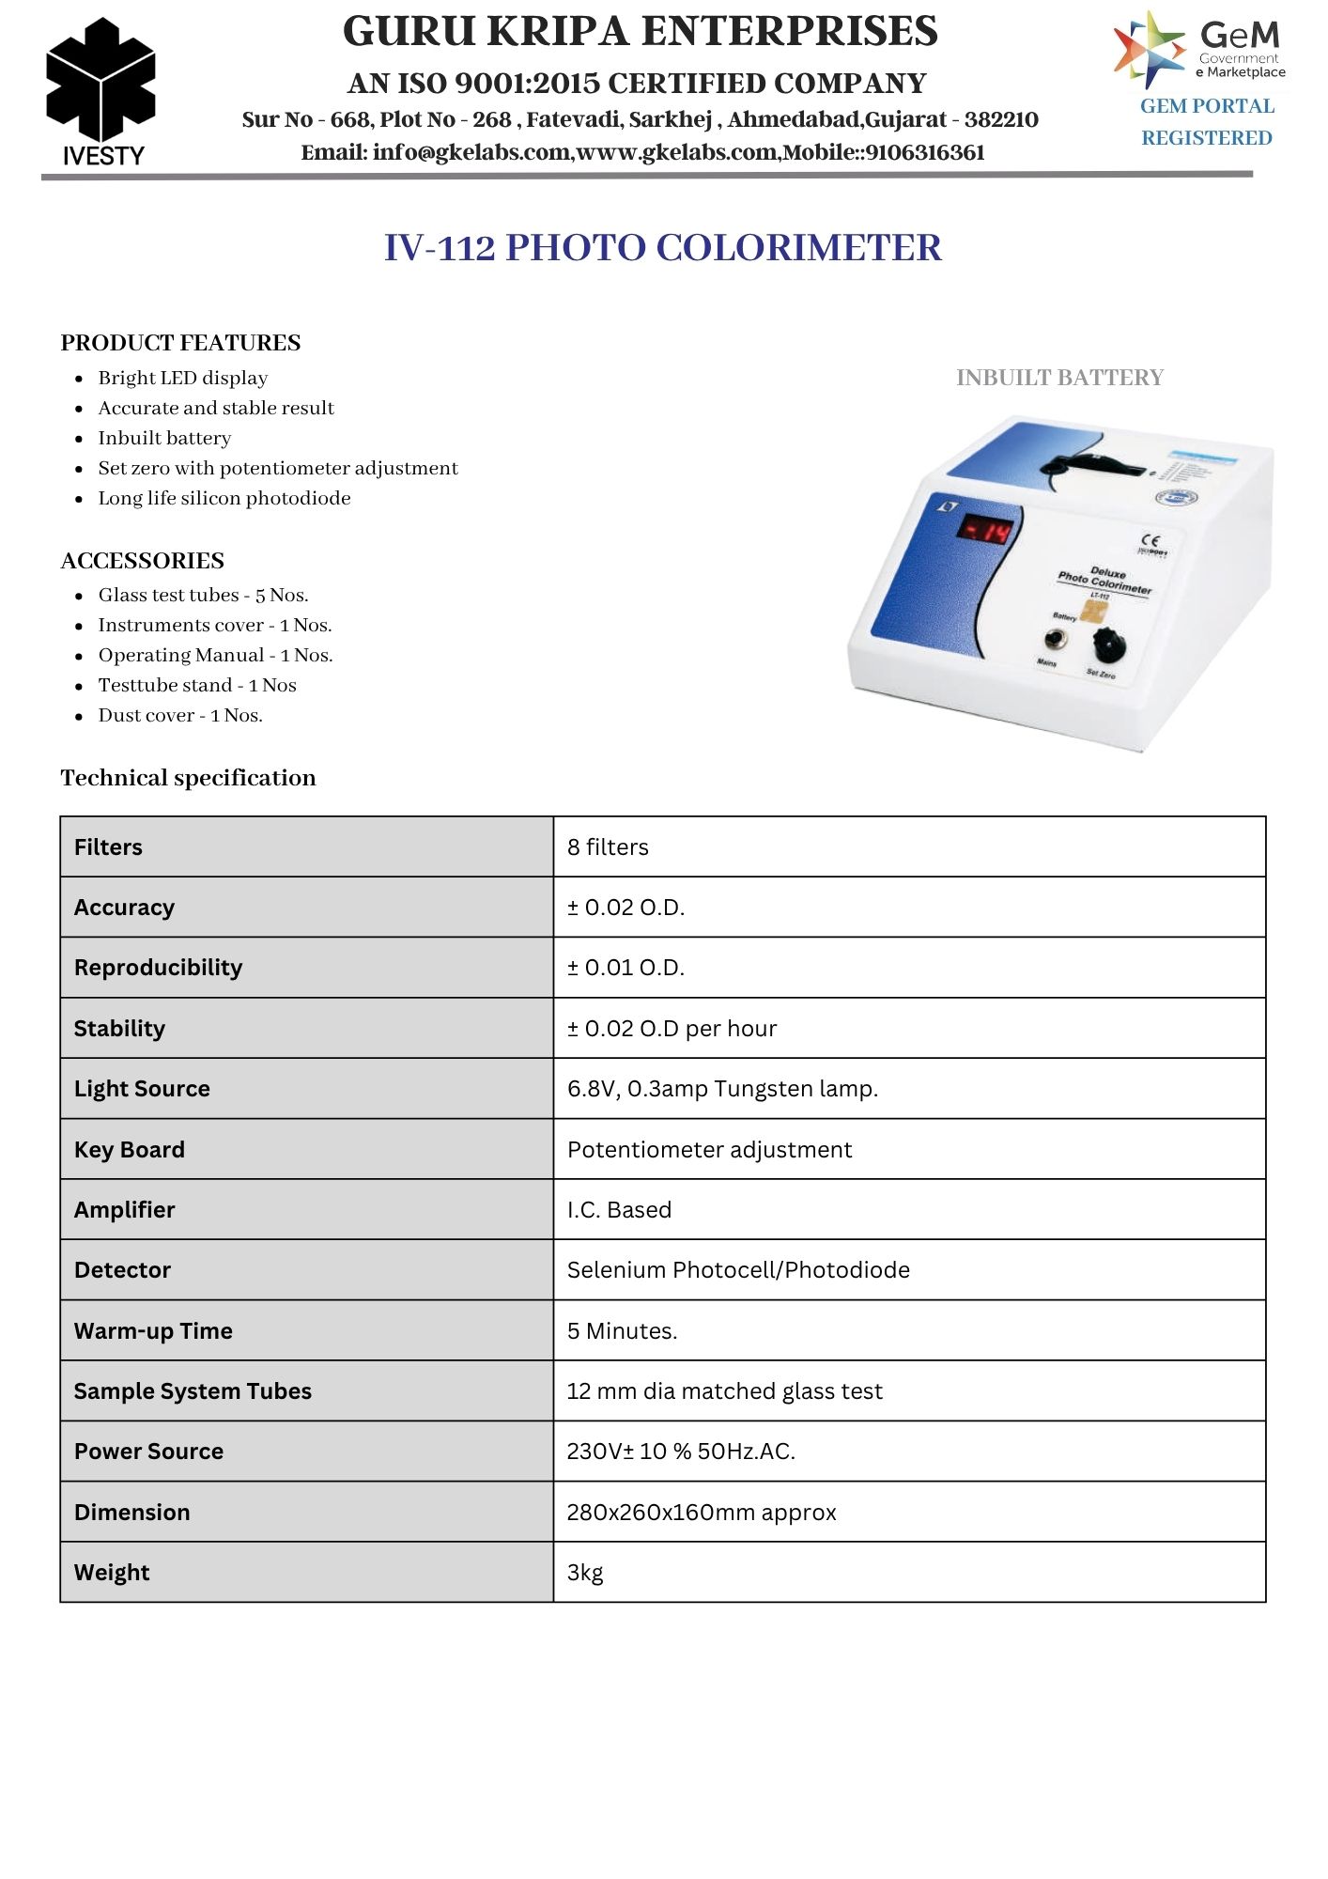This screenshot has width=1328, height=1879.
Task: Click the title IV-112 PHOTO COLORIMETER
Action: [662, 248]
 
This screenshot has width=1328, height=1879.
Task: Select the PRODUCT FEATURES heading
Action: [180, 343]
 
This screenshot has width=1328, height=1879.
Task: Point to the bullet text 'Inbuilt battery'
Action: [164, 438]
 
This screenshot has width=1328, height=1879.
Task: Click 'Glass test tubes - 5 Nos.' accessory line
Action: [203, 595]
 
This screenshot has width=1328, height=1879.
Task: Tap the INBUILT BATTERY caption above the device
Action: [1059, 378]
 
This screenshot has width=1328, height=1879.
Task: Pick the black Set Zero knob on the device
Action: [1111, 645]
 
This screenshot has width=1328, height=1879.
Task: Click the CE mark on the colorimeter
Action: [1150, 541]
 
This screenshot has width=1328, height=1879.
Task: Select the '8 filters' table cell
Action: [608, 847]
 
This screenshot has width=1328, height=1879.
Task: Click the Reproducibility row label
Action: [158, 968]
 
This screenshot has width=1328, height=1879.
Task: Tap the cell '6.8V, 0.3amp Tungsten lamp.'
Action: [722, 1089]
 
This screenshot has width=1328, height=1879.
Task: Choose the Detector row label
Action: [122, 1270]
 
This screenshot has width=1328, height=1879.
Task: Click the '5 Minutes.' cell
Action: [622, 1330]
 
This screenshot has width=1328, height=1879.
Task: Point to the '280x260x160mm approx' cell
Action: [702, 1513]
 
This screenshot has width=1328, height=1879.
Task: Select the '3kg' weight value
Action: [585, 1573]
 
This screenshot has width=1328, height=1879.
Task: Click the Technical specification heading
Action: [188, 778]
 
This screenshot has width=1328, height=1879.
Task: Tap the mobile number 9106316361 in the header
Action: [925, 152]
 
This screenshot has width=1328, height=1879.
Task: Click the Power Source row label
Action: [148, 1452]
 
